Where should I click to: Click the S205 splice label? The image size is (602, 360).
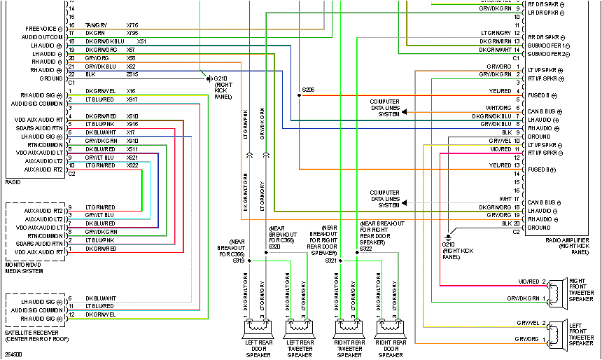308,90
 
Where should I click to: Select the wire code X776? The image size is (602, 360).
132,25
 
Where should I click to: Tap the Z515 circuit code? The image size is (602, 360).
132,74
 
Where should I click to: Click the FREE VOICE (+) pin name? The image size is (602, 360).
42,29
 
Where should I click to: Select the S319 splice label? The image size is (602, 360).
238,260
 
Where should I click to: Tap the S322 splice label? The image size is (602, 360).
365,247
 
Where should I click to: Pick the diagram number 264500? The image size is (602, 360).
13,354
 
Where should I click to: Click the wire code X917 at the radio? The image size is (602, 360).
132,99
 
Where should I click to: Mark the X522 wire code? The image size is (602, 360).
132,165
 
